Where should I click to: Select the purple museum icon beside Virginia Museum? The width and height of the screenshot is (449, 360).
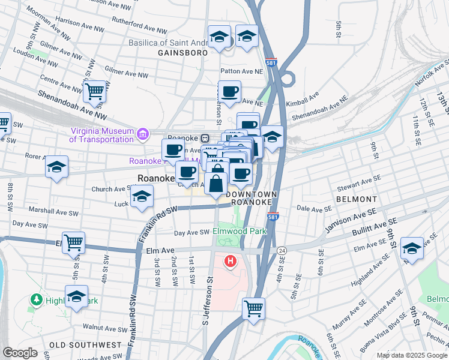click(143, 133)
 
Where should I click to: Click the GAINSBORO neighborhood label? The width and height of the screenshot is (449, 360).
click(182, 53)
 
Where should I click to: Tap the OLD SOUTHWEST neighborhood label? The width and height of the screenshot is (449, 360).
click(85, 345)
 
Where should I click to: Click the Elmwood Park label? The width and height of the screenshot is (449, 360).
click(241, 230)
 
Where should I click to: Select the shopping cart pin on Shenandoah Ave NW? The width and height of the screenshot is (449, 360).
click(95, 92)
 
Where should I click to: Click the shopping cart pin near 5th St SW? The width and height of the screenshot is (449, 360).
click(73, 243)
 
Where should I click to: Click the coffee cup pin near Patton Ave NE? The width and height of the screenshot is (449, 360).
click(229, 92)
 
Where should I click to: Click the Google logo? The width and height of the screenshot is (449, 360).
click(20, 353)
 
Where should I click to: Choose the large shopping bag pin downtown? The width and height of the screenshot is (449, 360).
click(217, 181)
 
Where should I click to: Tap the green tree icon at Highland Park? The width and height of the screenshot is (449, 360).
click(37, 299)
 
